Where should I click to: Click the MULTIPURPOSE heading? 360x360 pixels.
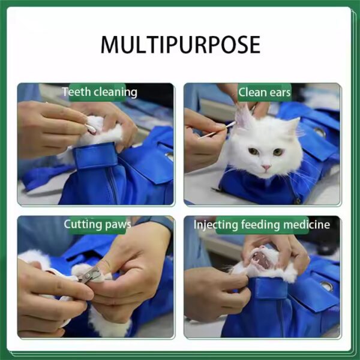(181, 44)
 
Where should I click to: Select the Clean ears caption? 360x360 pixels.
(264, 92)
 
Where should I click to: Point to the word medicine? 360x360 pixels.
(307, 224)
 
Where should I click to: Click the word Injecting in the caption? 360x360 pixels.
(215, 225)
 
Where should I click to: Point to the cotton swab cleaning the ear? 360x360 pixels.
(217, 130)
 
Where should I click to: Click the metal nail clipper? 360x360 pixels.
(89, 275)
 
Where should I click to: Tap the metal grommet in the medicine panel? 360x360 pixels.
(327, 286)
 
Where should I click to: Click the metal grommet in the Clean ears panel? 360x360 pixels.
(320, 132)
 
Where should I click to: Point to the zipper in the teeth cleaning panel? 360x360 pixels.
(112, 185)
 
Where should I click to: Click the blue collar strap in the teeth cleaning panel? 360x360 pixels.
(95, 156)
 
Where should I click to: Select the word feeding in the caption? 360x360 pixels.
(260, 225)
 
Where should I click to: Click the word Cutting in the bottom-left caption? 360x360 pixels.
(83, 224)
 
